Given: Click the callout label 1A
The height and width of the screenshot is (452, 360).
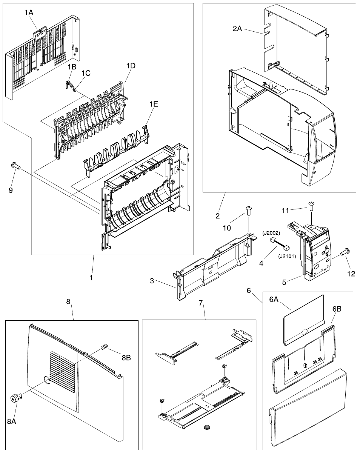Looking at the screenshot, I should point(29,12).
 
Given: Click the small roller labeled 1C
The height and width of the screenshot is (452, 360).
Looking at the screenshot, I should point(74,90).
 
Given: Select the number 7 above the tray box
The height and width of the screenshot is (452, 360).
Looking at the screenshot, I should point(201,303).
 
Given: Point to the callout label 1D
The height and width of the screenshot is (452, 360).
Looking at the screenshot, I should point(131,65).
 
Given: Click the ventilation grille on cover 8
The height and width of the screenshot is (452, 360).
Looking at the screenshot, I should point(63,371).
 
